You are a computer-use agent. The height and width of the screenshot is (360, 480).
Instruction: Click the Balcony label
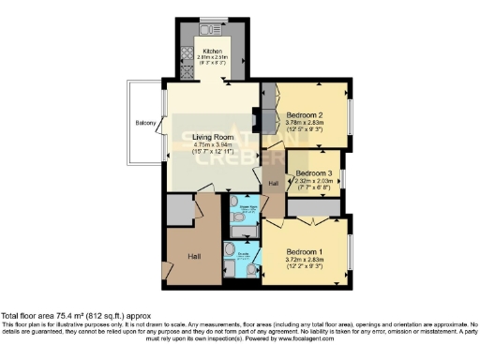[x=145, y=123]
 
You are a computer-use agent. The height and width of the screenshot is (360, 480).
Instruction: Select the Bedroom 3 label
[x=314, y=173]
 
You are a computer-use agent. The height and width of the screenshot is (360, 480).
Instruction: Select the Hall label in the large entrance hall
[x=193, y=255]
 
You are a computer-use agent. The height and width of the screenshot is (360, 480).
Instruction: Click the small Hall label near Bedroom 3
[x=274, y=184]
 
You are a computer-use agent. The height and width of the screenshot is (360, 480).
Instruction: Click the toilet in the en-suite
[x=230, y=250]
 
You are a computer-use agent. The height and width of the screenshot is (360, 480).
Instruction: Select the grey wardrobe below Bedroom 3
[x=314, y=206]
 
